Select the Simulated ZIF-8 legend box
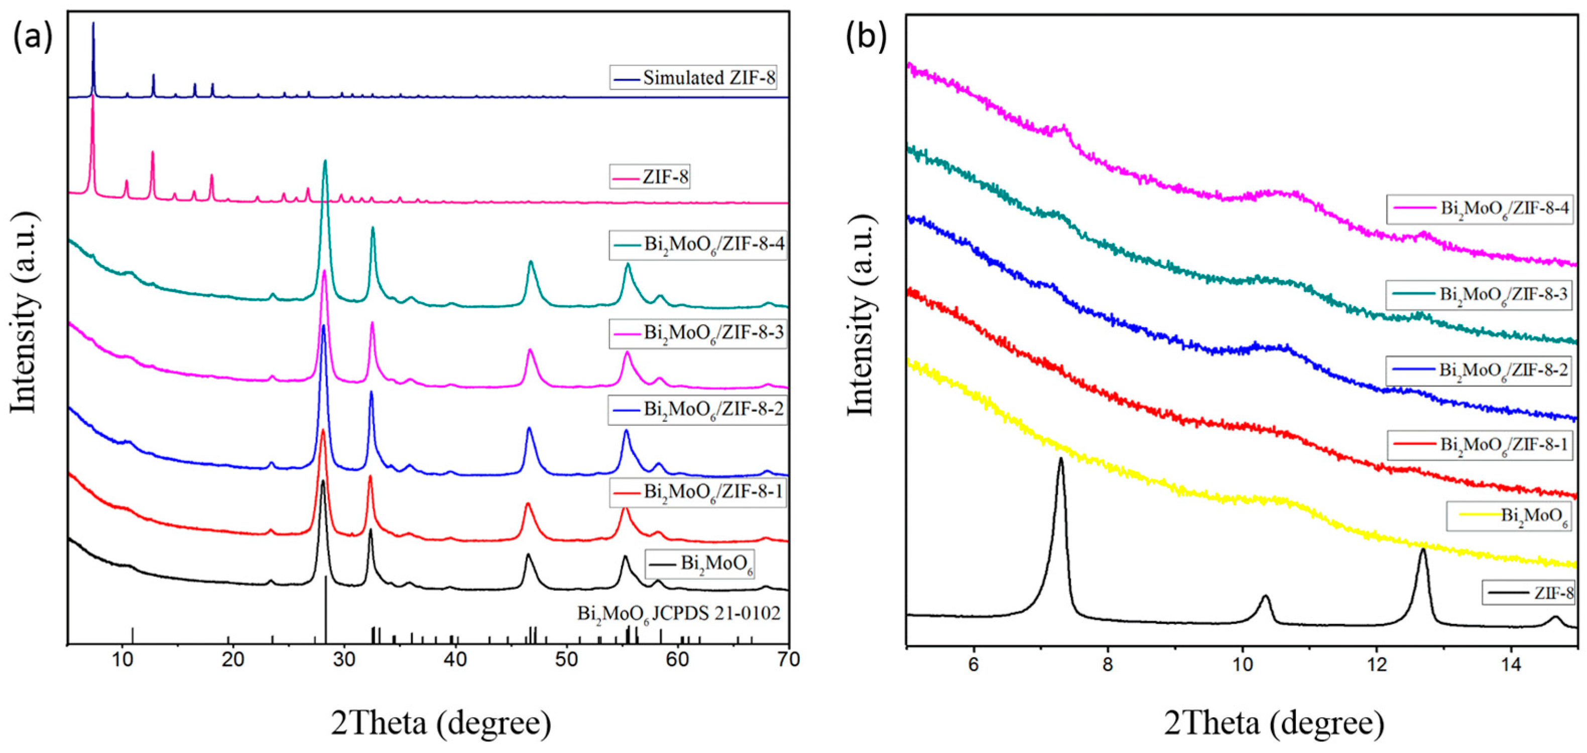tap(693, 78)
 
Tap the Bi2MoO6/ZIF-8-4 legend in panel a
tap(698, 244)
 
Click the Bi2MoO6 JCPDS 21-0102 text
tap(678, 613)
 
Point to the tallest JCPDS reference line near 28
tap(325, 607)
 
